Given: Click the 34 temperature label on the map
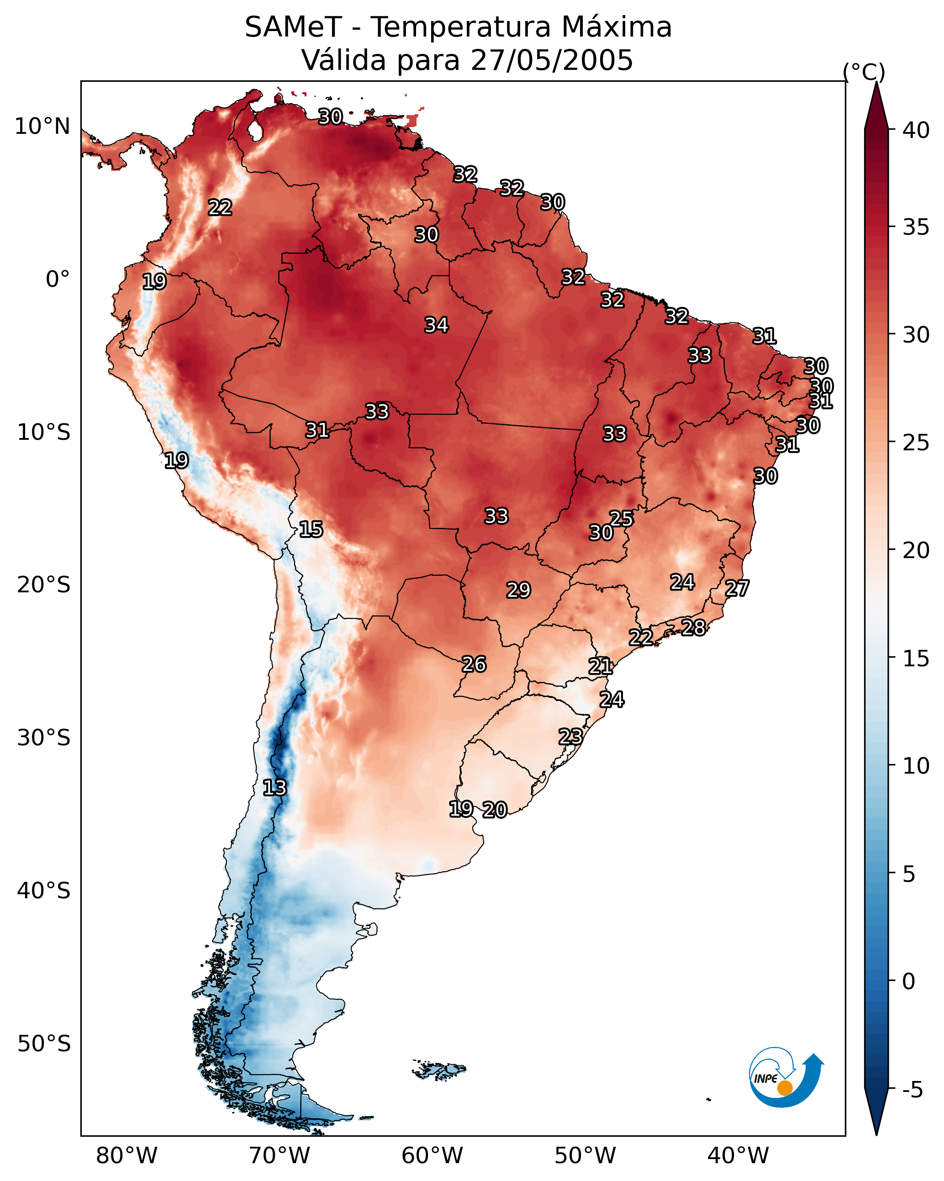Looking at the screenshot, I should pyautogui.click(x=437, y=325).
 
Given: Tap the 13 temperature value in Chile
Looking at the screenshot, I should pyautogui.click(x=274, y=788).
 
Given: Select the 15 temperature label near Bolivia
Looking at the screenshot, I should pyautogui.click(x=311, y=529).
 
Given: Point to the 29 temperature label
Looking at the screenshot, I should pyautogui.click(x=518, y=590).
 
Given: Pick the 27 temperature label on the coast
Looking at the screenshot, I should pyautogui.click(x=737, y=588).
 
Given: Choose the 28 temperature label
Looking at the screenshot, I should pyautogui.click(x=694, y=627).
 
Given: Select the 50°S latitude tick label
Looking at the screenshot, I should pyautogui.click(x=44, y=1044).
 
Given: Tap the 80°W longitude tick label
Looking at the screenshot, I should pyautogui.click(x=127, y=1156).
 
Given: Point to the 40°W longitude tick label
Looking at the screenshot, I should pyautogui.click(x=738, y=1156).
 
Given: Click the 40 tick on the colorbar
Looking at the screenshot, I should pyautogui.click(x=916, y=130).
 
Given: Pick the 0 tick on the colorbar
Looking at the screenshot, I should pyautogui.click(x=908, y=981).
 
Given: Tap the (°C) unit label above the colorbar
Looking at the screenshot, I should pyautogui.click(x=864, y=72).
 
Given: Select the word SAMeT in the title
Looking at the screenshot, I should pyautogui.click(x=293, y=27).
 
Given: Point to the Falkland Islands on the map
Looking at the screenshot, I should pyautogui.click(x=439, y=1069).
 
